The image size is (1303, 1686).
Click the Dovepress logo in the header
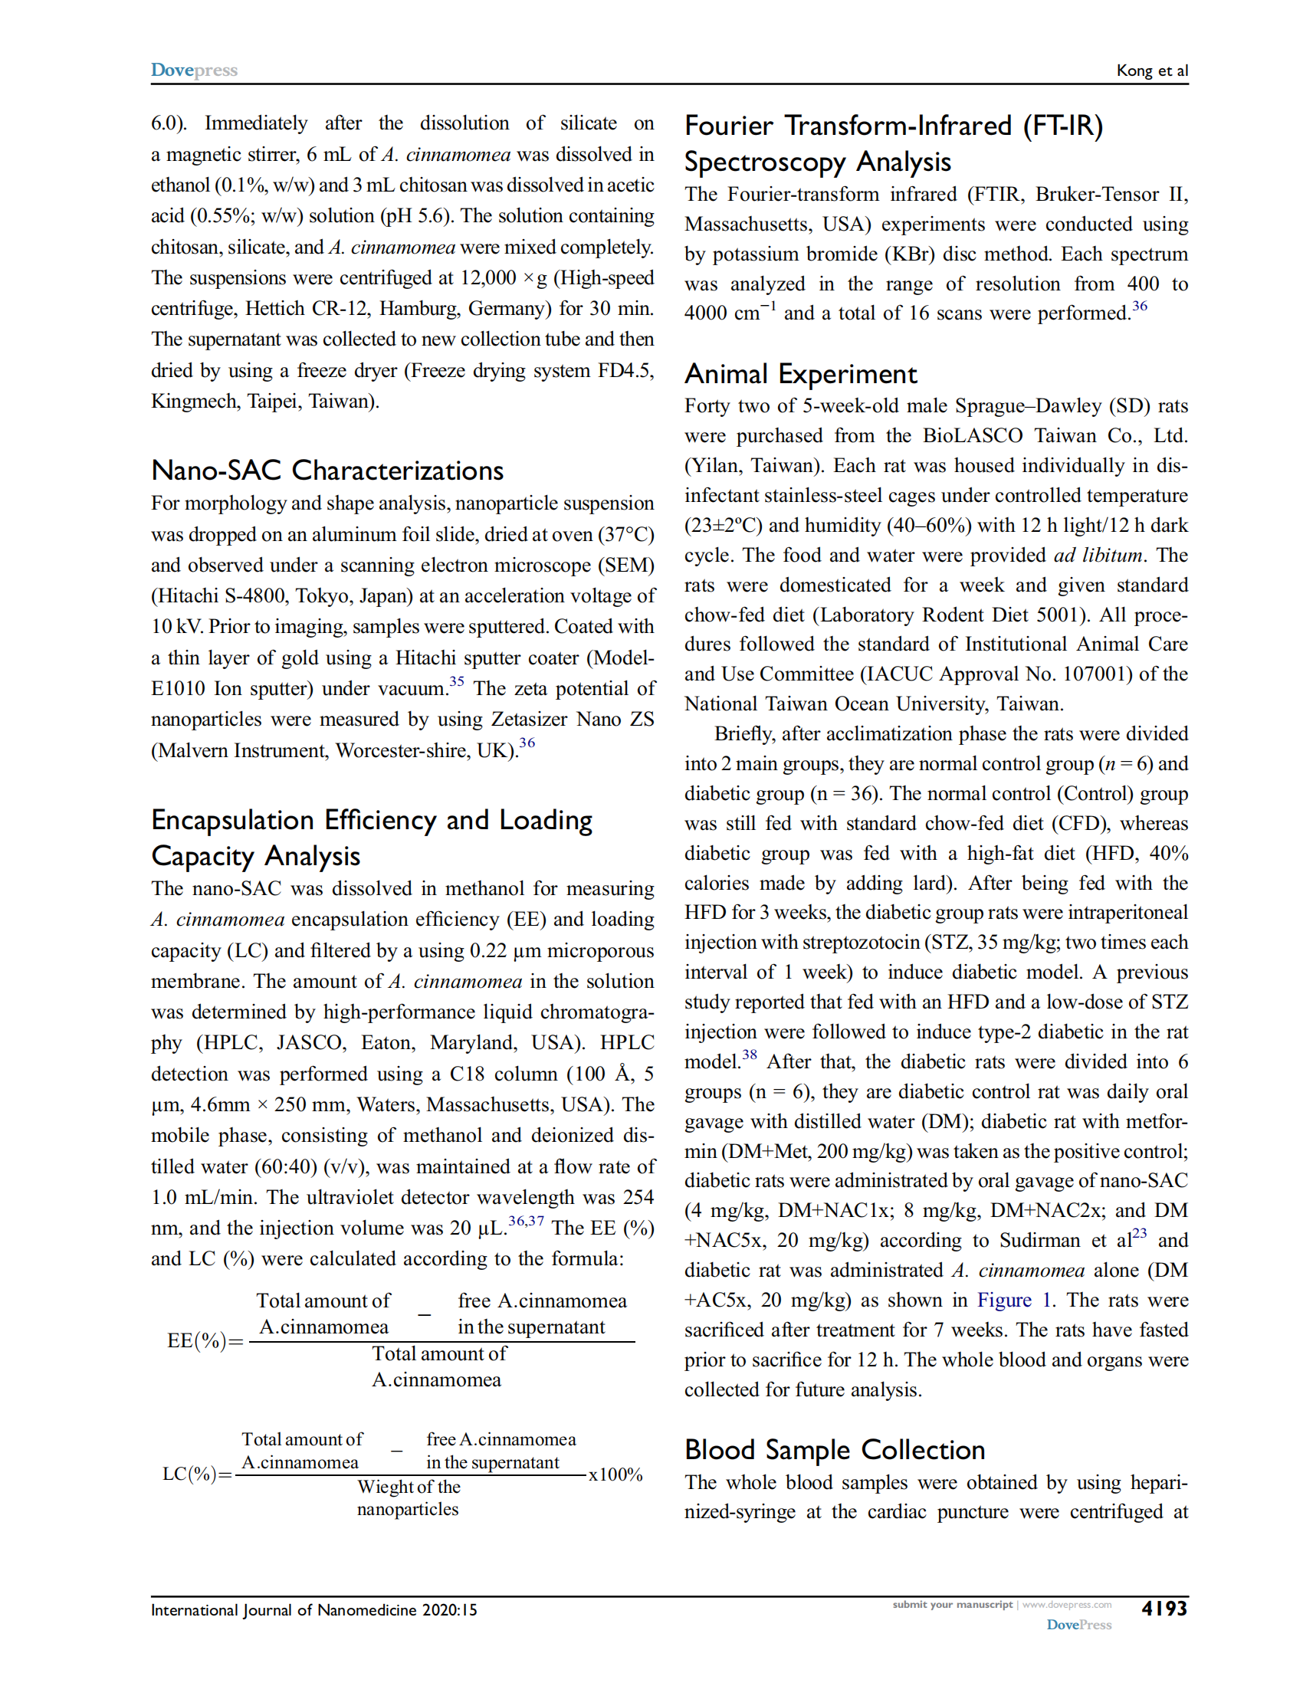coord(194,71)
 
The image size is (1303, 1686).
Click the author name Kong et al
coord(1152,71)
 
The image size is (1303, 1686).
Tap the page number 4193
coord(1164,1609)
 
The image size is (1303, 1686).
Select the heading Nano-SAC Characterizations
coord(327,471)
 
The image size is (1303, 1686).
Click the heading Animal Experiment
coord(800,375)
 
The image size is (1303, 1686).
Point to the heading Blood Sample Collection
coord(835,1450)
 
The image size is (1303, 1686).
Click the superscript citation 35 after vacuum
coord(457,681)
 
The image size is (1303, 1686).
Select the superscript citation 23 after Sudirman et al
coord(1139,1234)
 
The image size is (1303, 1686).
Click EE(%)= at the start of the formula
coord(205,1341)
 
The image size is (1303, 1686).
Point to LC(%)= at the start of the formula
coord(197,1474)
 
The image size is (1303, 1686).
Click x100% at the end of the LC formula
coord(615,1474)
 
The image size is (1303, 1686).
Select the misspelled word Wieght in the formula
coord(386,1487)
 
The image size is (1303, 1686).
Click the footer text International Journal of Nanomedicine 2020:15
coord(313,1610)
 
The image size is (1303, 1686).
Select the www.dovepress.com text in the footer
coord(1067,1605)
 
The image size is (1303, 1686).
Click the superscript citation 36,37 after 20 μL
coord(526,1222)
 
